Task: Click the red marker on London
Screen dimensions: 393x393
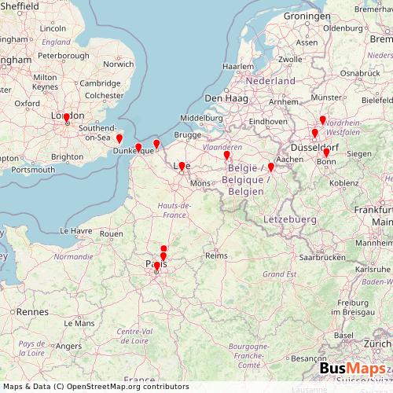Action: tap(67, 119)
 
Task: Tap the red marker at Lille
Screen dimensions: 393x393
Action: tap(182, 167)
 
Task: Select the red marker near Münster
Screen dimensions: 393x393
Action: tap(322, 120)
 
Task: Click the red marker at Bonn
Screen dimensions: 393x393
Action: tap(326, 153)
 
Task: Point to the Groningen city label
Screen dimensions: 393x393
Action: tap(307, 16)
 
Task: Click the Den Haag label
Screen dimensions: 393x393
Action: tap(226, 97)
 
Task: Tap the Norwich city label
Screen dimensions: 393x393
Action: tap(118, 64)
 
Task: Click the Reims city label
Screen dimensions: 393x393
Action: tap(215, 255)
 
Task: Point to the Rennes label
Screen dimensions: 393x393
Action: tap(32, 312)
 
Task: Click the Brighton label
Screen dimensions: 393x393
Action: tap(67, 156)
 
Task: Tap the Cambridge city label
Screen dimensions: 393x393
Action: tap(99, 83)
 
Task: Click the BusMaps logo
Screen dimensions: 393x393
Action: tap(353, 369)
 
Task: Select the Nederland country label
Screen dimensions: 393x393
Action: tap(270, 81)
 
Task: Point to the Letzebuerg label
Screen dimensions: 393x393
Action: tap(289, 218)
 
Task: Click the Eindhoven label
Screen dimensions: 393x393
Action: tap(268, 122)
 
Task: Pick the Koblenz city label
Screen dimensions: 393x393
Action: tap(345, 183)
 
